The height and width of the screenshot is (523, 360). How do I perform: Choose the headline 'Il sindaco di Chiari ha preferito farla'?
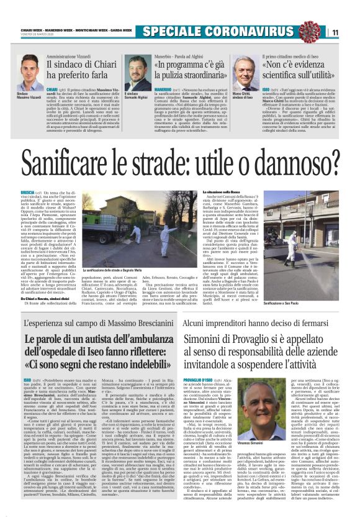point(79,72)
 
